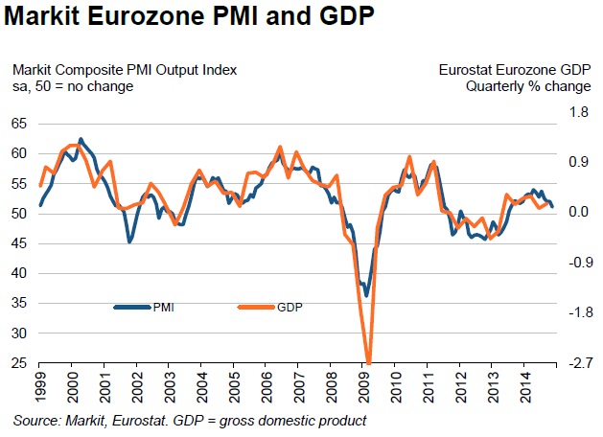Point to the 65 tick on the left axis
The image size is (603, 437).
tap(19, 124)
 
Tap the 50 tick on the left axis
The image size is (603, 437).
tap(19, 213)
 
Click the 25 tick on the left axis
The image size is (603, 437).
tap(19, 364)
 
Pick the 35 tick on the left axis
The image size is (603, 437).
tap(19, 304)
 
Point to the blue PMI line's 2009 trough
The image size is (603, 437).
tap(366, 295)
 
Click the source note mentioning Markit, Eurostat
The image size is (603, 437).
tap(190, 421)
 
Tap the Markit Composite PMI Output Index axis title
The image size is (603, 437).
tap(124, 70)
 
